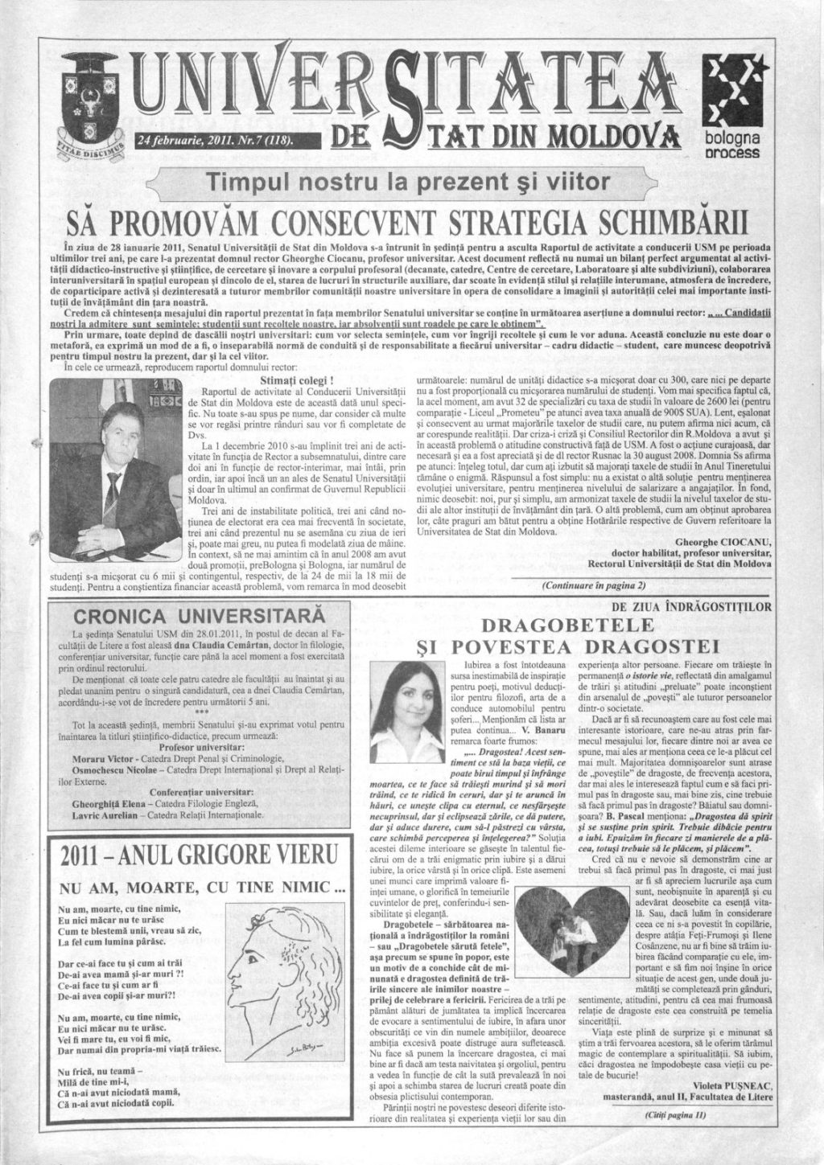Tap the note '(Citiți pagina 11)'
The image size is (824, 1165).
pos(674,1115)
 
